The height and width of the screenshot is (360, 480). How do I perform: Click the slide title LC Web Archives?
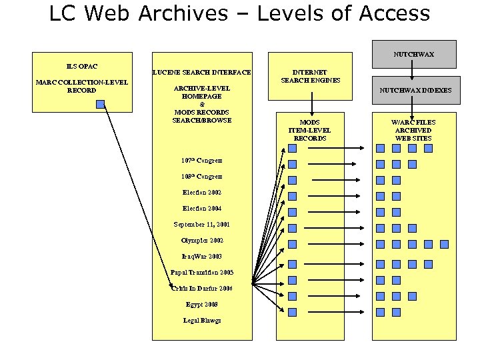pyautogui.click(x=239, y=13)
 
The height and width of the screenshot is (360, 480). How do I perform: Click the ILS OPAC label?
pyautogui.click(x=81, y=66)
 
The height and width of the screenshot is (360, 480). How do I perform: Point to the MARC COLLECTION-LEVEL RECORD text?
pyautogui.click(x=81, y=86)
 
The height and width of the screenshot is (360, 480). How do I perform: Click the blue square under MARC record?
pyautogui.click(x=100, y=104)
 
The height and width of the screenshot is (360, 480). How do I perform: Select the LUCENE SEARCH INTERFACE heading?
pyautogui.click(x=202, y=72)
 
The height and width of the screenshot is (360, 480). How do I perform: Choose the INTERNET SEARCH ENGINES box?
pyautogui.click(x=311, y=76)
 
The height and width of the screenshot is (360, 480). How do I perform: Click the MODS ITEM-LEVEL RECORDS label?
pyautogui.click(x=309, y=130)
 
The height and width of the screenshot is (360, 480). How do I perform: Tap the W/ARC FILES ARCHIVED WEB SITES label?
pyautogui.click(x=413, y=130)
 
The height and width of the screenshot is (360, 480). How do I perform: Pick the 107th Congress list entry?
pyautogui.click(x=202, y=161)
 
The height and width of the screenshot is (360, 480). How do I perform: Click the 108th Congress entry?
pyautogui.click(x=202, y=177)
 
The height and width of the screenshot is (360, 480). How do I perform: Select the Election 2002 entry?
pyautogui.click(x=202, y=193)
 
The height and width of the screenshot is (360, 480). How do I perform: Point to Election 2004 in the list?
pyautogui.click(x=202, y=209)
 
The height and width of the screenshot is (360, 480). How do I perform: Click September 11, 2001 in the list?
pyautogui.click(x=202, y=225)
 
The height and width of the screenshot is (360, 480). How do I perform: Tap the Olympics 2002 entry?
pyautogui.click(x=202, y=241)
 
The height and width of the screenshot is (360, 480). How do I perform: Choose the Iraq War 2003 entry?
pyautogui.click(x=202, y=257)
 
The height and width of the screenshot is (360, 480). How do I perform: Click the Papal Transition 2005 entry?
pyautogui.click(x=202, y=273)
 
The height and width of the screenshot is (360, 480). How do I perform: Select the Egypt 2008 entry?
pyautogui.click(x=202, y=305)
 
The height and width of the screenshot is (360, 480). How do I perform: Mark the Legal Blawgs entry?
pyautogui.click(x=202, y=321)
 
